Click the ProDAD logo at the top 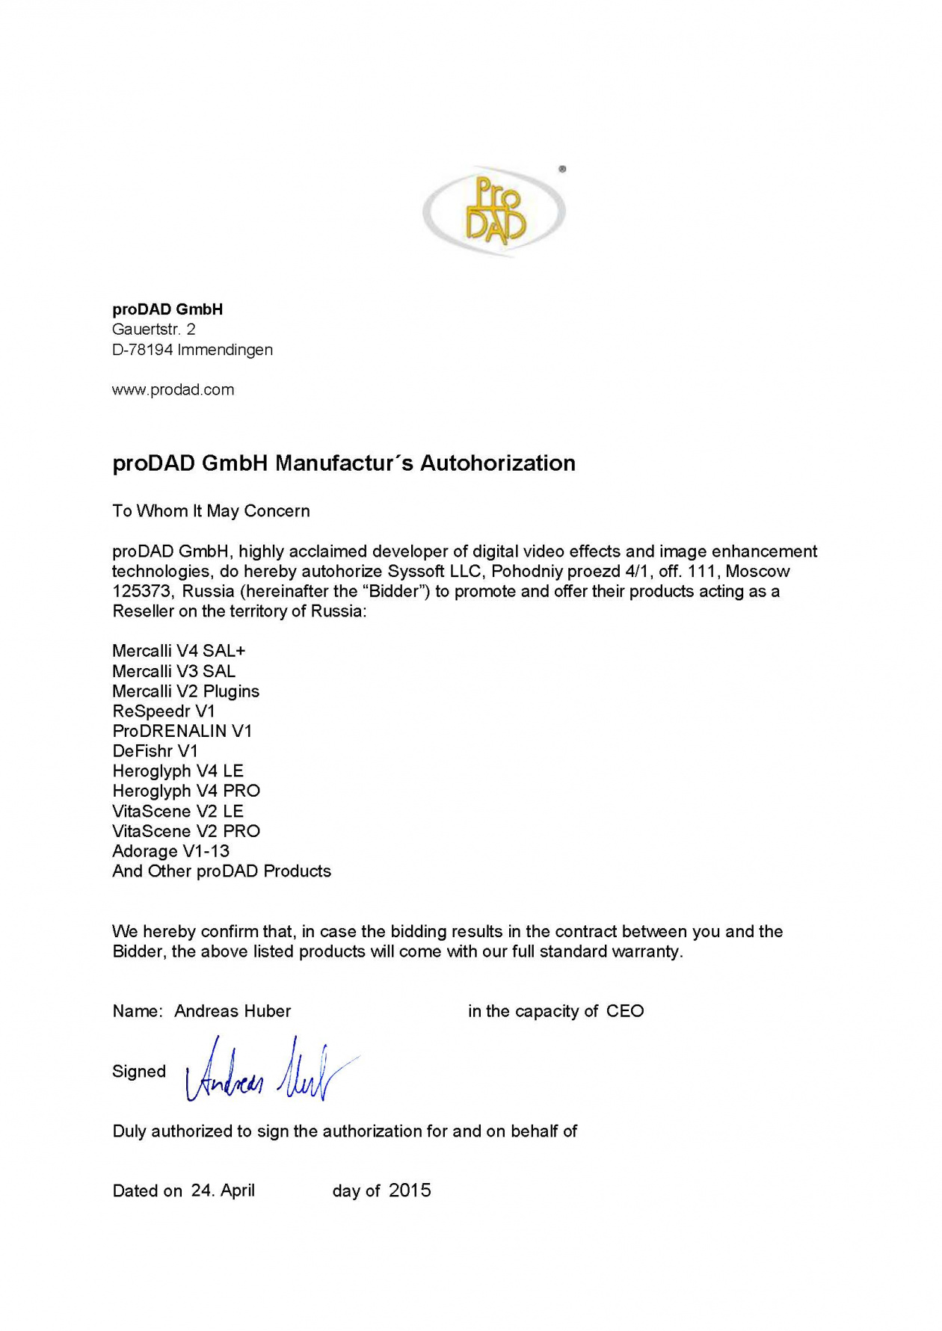click(494, 211)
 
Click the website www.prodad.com click(173, 390)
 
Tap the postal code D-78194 click(142, 350)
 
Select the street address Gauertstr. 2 click(153, 330)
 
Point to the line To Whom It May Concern click(211, 511)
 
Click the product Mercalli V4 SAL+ click(179, 651)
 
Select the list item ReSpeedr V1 click(164, 711)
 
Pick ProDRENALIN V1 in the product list click(182, 731)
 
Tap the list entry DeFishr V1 click(155, 751)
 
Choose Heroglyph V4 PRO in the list click(186, 791)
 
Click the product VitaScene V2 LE click(178, 811)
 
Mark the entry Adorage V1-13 click(170, 851)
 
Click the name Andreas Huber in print click(233, 1011)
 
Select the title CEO click(625, 1011)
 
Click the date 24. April click(223, 1191)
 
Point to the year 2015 click(410, 1191)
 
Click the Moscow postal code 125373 click(142, 591)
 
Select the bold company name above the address click(167, 309)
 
